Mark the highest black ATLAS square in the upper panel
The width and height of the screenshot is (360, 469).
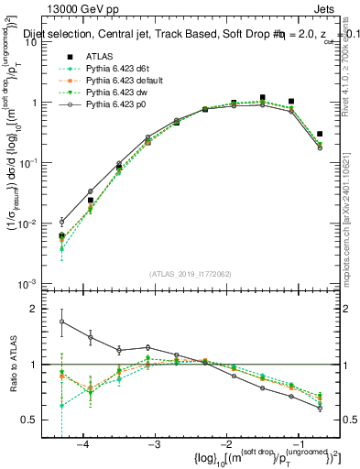pos(263,97)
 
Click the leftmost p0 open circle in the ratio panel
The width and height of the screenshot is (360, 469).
pos(61,322)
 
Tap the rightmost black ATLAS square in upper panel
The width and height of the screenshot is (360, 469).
pos(319,134)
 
